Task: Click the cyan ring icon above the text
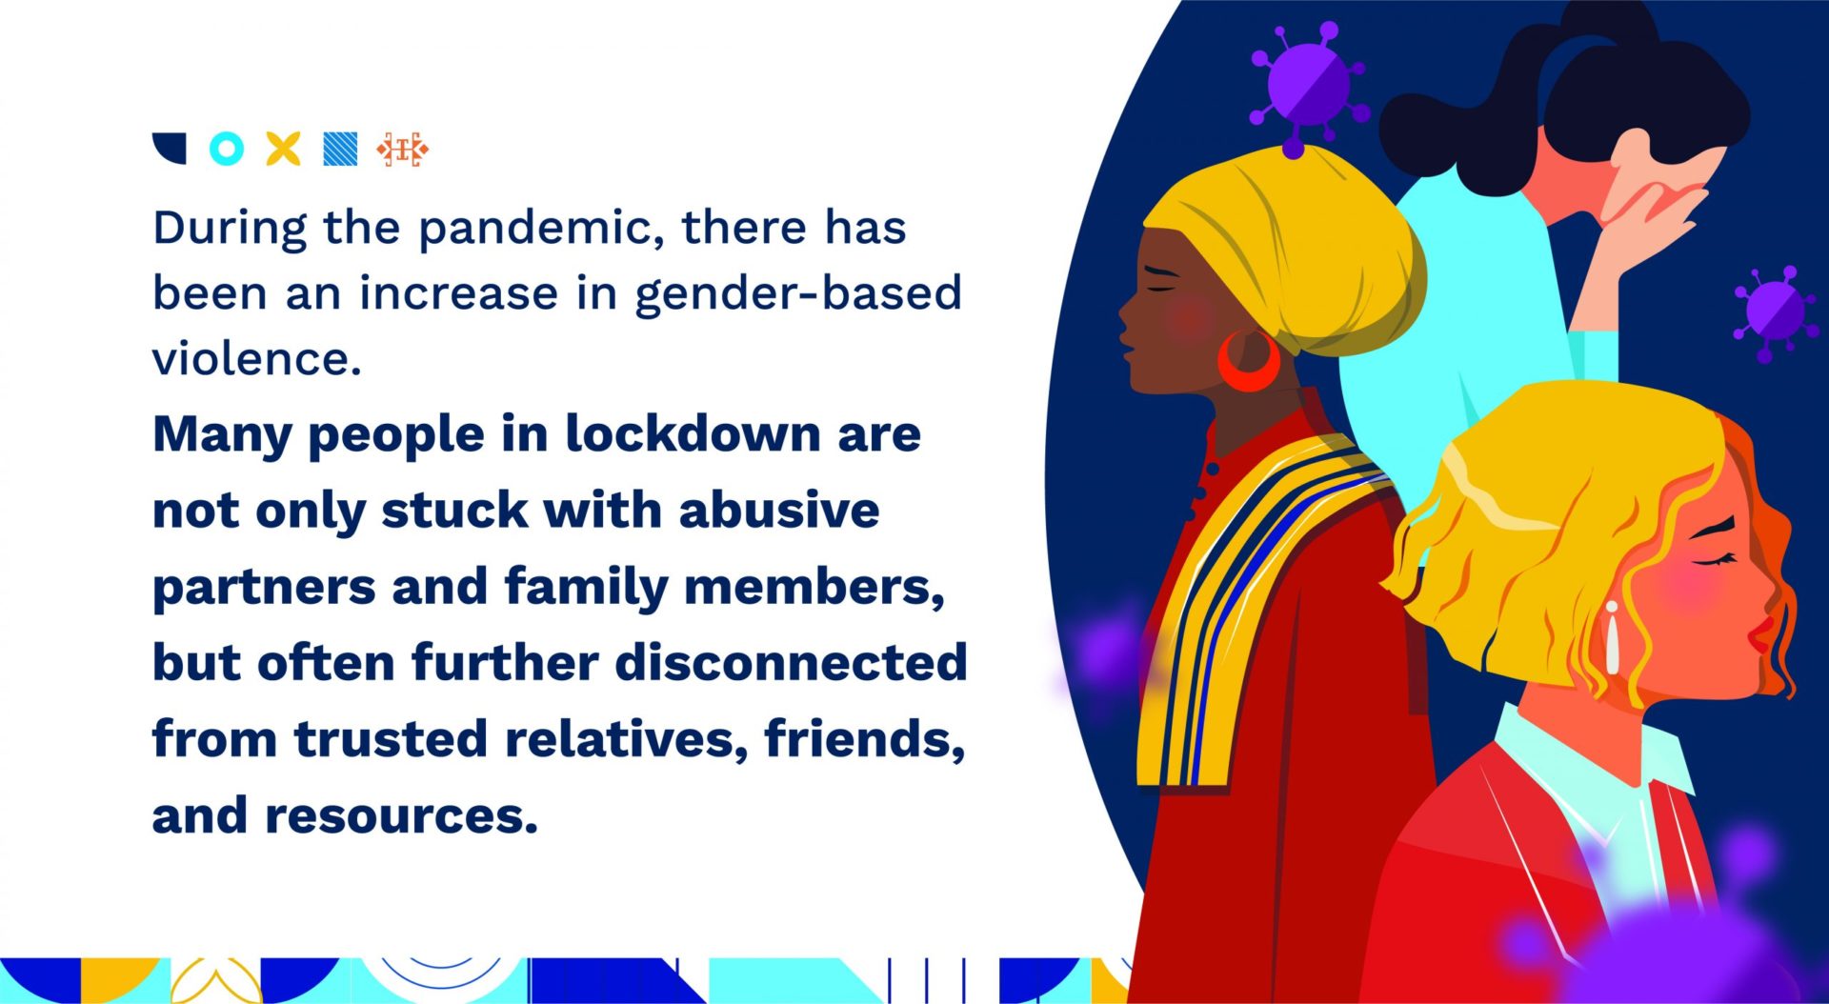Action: click(x=227, y=149)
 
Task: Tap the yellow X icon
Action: click(x=283, y=149)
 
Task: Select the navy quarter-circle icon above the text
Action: click(x=170, y=148)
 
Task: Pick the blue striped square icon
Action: click(x=340, y=149)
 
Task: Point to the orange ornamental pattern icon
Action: click(x=402, y=150)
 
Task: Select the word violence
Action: click(x=256, y=359)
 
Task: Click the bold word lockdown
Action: click(x=693, y=434)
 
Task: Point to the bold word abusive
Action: click(x=778, y=511)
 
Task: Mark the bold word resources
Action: click(x=401, y=815)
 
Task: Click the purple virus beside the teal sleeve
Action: click(x=1773, y=310)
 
